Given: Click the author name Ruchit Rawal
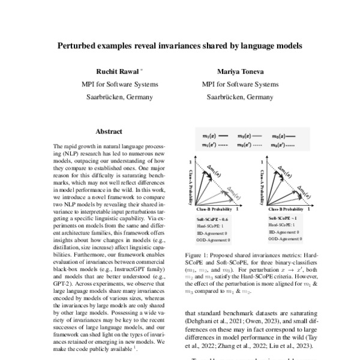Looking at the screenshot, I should point(118,70).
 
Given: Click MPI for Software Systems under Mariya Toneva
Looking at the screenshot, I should point(240,84).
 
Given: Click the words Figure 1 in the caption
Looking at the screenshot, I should point(195,255).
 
